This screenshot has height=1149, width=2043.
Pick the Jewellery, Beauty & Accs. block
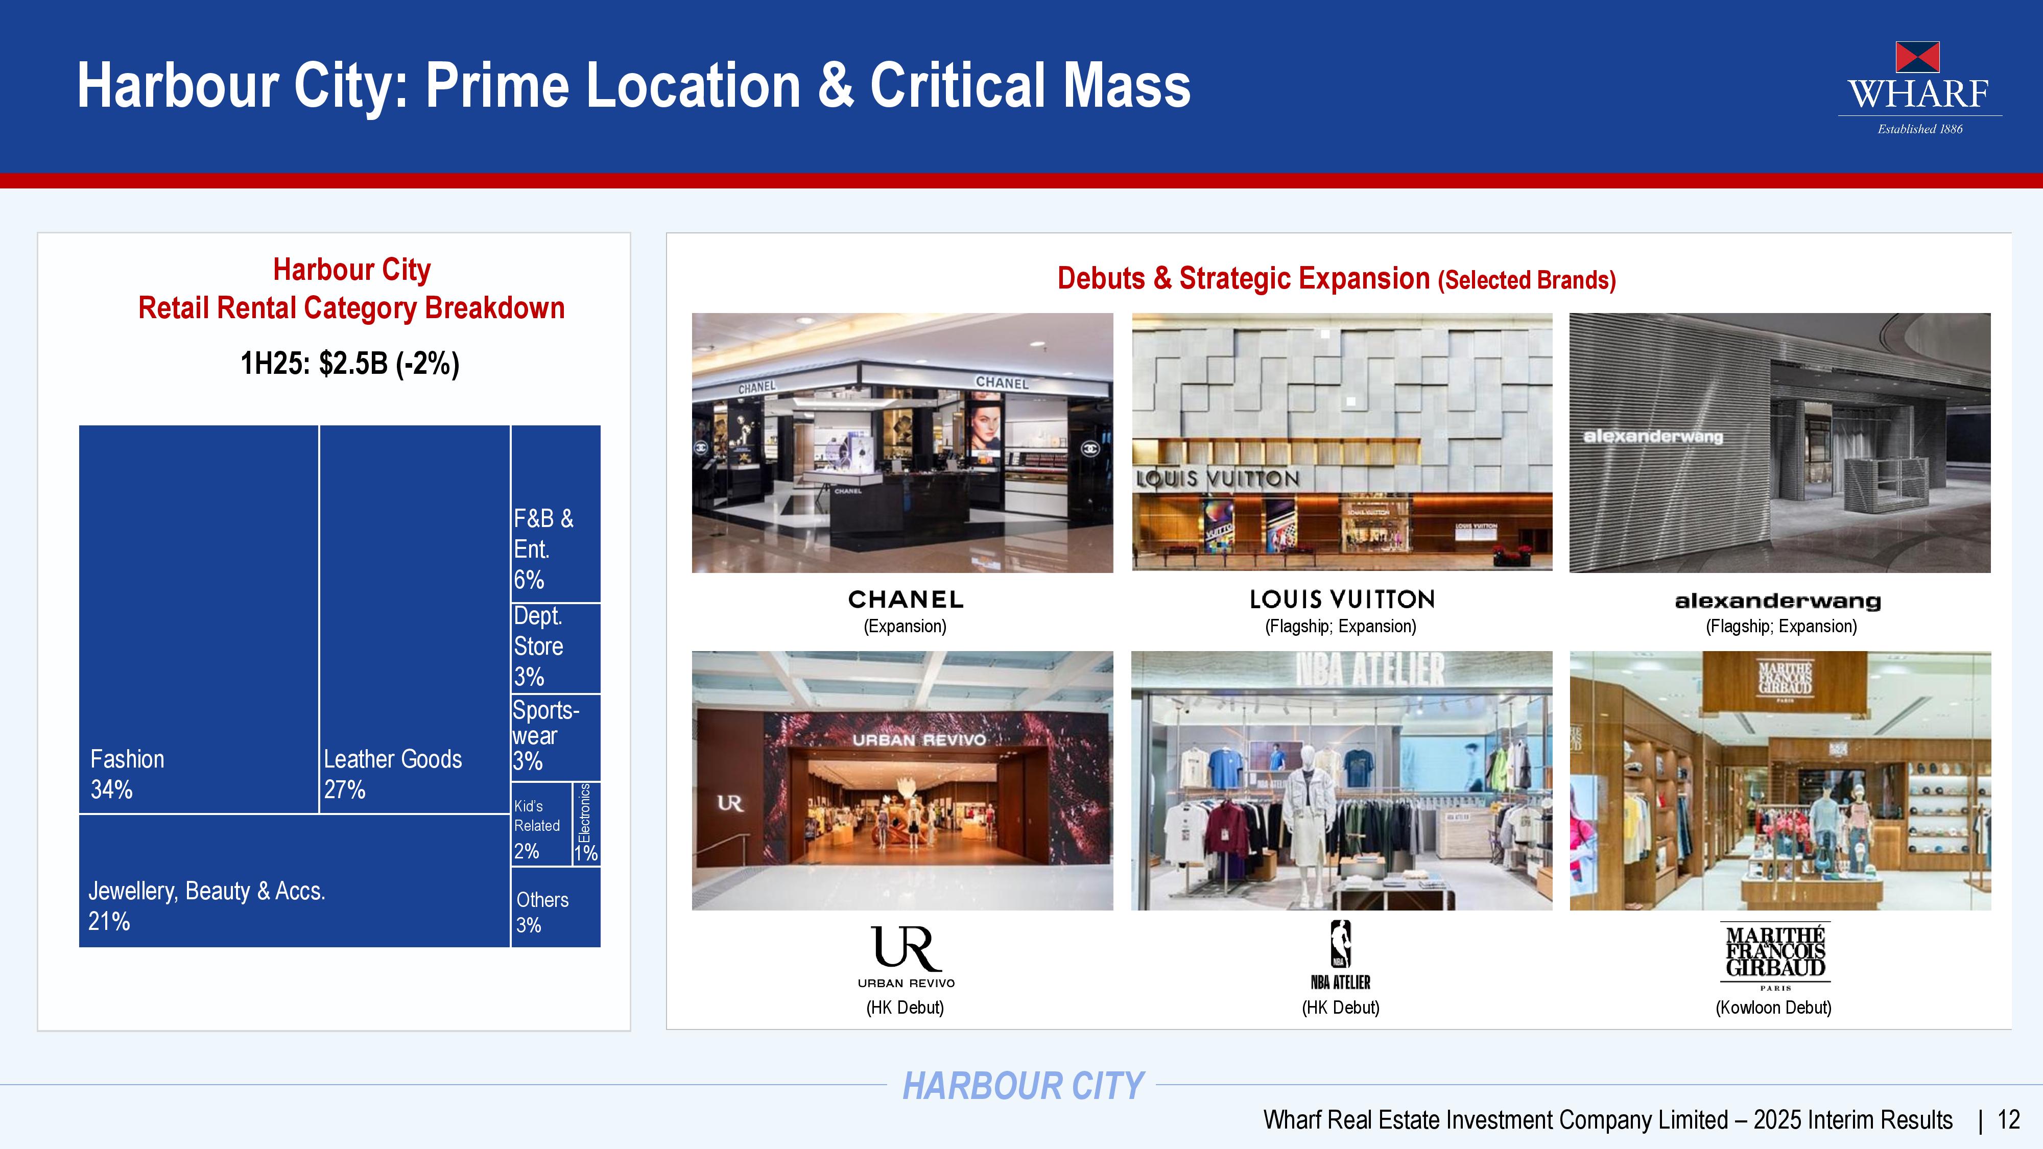point(294,881)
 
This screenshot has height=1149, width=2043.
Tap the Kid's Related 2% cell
point(542,824)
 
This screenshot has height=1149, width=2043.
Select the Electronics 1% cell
point(587,824)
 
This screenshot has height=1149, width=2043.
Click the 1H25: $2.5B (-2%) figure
point(350,363)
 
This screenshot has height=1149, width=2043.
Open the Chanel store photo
point(902,442)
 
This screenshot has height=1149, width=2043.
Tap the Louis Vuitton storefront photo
point(1342,442)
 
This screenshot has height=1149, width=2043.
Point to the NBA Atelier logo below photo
point(1340,955)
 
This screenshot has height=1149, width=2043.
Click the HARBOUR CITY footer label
point(1023,1086)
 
